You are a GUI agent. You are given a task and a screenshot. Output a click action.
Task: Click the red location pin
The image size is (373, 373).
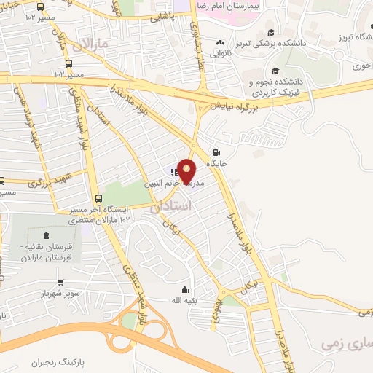[187, 171]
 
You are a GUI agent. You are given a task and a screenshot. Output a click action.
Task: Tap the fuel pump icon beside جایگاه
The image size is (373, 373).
[216, 152]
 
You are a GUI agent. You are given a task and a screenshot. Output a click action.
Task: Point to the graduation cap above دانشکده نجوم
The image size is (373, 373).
[275, 71]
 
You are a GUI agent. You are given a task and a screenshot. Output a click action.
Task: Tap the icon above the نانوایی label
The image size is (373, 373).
[221, 43]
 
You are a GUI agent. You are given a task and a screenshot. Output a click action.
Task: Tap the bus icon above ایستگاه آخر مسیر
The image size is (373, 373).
[98, 197]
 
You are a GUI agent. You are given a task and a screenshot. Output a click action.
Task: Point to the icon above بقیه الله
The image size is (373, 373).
[184, 288]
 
